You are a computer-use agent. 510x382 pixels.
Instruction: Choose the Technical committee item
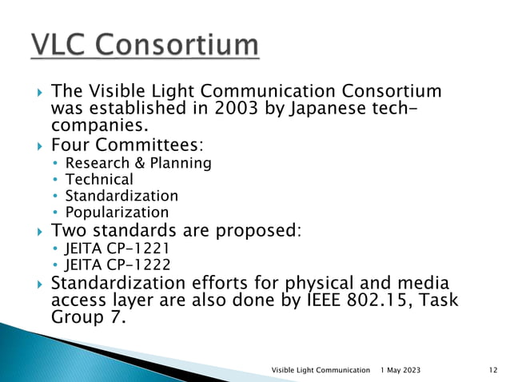click(x=99, y=180)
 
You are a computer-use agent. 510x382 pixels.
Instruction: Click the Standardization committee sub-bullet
click(x=122, y=196)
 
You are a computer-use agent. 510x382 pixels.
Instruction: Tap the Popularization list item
click(x=117, y=213)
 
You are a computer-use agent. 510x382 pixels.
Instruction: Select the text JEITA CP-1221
click(x=118, y=249)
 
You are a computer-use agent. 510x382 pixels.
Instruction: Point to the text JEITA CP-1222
click(x=118, y=265)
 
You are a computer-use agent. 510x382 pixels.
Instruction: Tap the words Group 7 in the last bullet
click(x=87, y=316)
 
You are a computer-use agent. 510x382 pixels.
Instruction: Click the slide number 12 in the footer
click(x=492, y=369)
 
